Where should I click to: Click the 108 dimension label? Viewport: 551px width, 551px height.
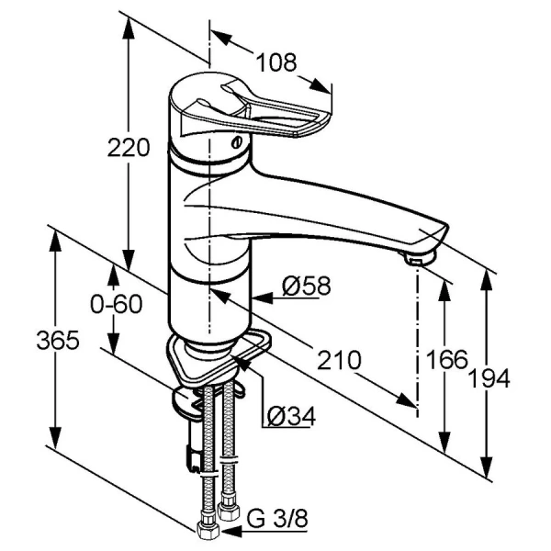[x=275, y=62]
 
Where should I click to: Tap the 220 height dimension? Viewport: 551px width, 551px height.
[x=129, y=148]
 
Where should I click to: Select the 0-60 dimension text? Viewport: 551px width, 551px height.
[x=117, y=304]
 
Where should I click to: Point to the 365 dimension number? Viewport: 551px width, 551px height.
[x=58, y=341]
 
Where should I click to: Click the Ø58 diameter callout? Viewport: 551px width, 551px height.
[x=306, y=286]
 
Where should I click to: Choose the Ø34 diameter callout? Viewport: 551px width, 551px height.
[x=291, y=416]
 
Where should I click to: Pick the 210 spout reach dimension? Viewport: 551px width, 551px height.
[x=339, y=360]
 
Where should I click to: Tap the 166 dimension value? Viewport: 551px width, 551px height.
[x=446, y=359]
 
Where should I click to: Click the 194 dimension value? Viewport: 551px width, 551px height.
[x=489, y=378]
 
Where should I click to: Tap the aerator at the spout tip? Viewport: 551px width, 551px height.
[x=420, y=257]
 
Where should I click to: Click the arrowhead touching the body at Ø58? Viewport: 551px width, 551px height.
[x=262, y=298]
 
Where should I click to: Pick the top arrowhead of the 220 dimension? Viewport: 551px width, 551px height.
[x=129, y=28]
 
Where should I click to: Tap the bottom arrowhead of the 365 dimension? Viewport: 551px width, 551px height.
[x=55, y=437]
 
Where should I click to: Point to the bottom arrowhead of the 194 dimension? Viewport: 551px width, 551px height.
[x=487, y=467]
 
